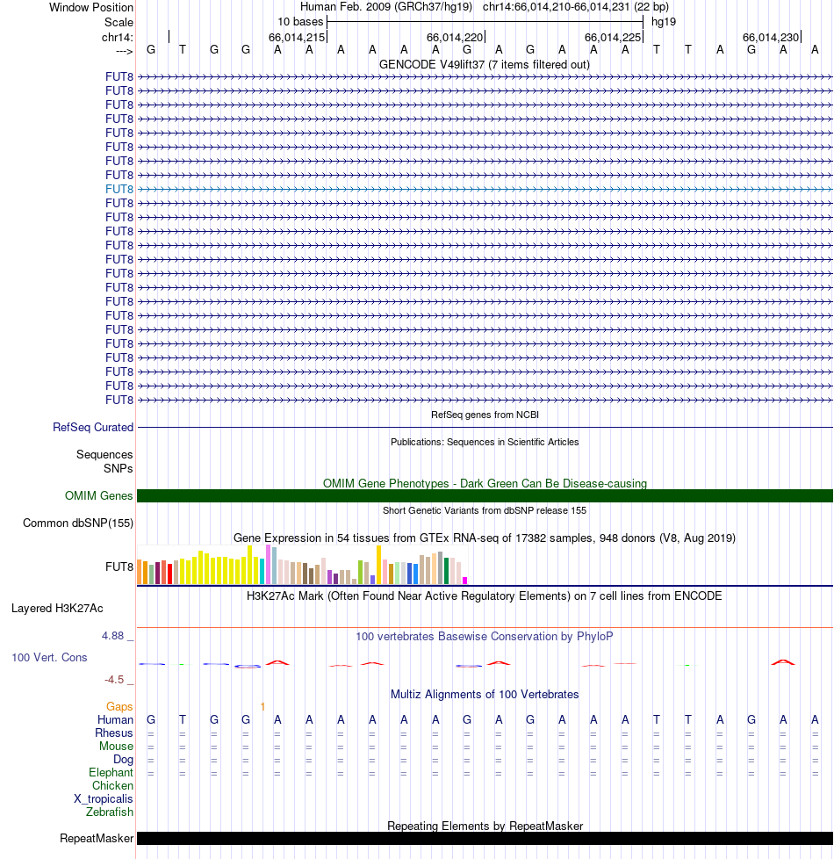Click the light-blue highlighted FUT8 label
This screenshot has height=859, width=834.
click(119, 189)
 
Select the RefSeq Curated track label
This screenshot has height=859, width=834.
click(93, 428)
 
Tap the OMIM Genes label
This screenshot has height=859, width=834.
click(99, 496)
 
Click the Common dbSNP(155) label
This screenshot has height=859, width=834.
click(78, 523)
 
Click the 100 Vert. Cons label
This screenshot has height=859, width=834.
click(49, 657)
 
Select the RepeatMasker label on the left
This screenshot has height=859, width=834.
click(97, 839)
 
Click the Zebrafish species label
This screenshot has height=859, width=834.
click(110, 812)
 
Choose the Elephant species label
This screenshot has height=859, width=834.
click(111, 773)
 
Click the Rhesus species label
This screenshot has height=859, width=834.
click(114, 733)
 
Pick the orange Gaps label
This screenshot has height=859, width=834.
click(119, 706)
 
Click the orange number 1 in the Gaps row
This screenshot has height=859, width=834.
click(262, 706)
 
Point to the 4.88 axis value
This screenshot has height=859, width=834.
click(117, 636)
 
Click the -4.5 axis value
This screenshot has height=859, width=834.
click(118, 679)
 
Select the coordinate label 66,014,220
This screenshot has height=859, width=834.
click(455, 38)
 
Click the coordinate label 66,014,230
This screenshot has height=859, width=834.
click(771, 38)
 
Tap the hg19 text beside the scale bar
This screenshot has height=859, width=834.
click(664, 22)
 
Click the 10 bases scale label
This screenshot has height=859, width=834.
click(300, 22)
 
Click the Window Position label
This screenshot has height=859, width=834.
click(91, 8)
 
